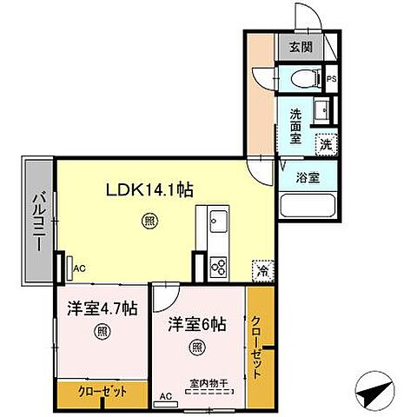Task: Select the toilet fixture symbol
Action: pos(302,76)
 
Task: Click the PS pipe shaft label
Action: pos(332,79)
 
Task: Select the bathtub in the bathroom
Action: pos(307,208)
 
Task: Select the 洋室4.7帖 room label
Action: pos(103,307)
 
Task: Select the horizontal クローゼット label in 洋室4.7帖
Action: pos(101,393)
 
